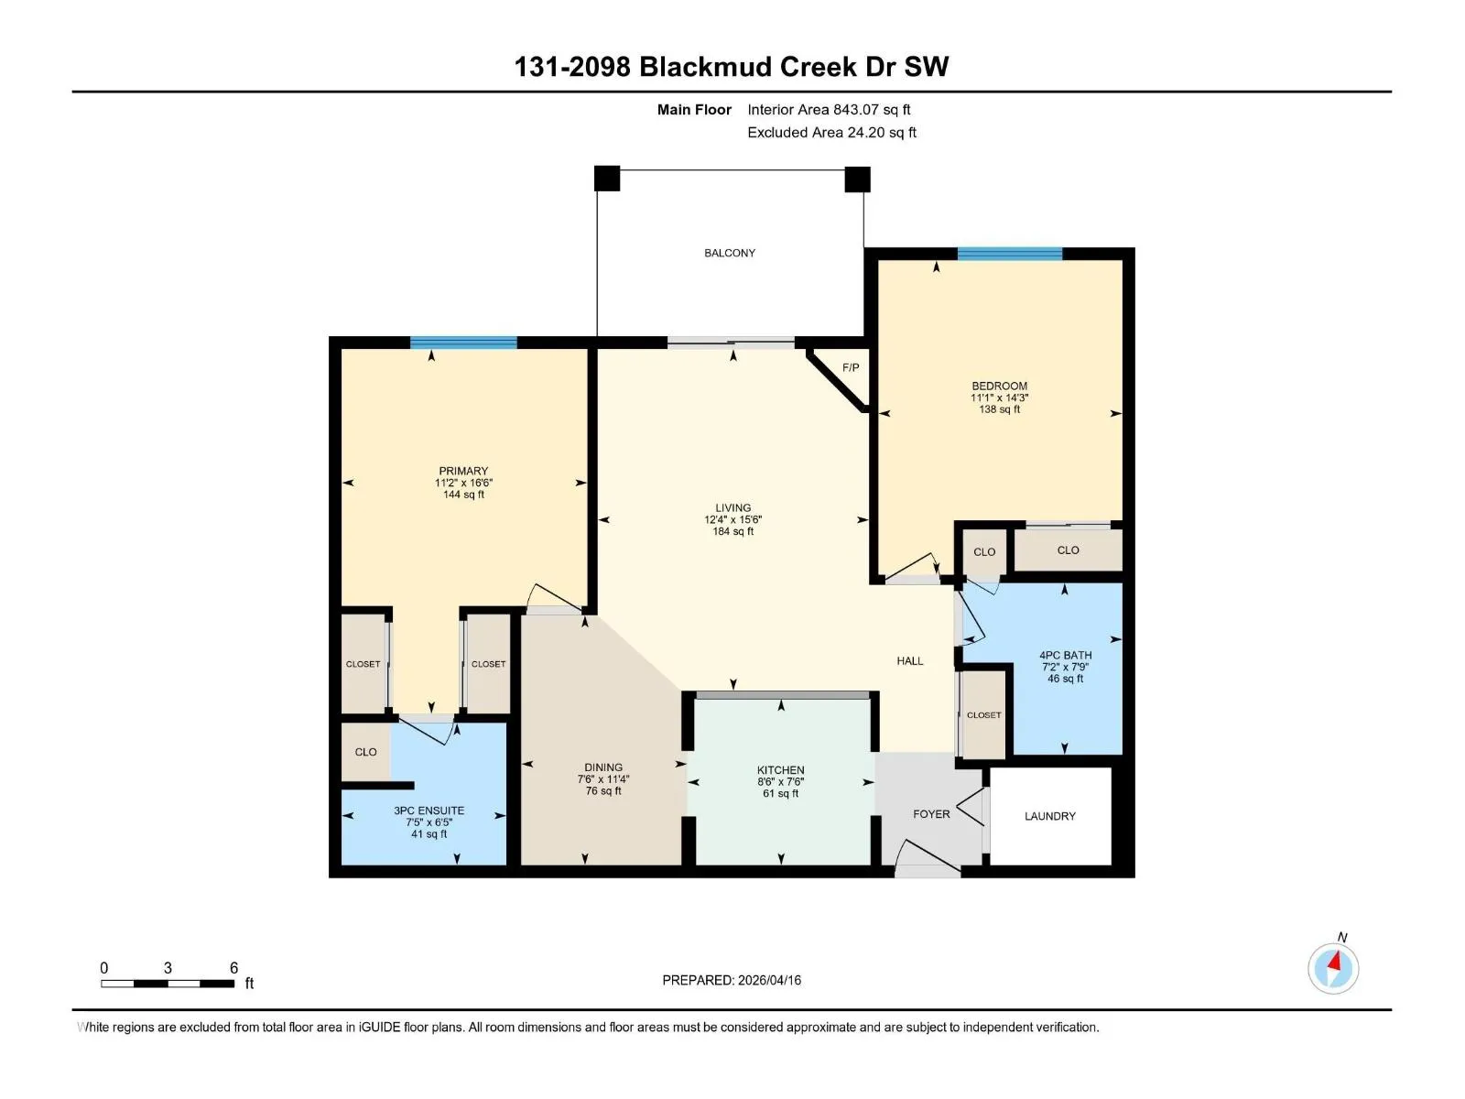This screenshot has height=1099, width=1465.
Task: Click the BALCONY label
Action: (x=730, y=253)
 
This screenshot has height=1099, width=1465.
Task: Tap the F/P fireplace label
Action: (x=851, y=367)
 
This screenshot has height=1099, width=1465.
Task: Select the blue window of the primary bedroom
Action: (x=463, y=343)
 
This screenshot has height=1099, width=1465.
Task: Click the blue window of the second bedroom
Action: (x=1009, y=254)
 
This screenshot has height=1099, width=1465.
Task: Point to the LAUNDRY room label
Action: (x=1050, y=816)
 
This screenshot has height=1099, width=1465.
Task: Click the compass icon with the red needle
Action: (x=1333, y=969)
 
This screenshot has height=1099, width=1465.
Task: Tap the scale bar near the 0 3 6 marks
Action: (x=168, y=984)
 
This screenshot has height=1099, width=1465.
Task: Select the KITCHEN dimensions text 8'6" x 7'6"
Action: (x=780, y=781)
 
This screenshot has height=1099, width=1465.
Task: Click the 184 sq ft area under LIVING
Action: (x=732, y=531)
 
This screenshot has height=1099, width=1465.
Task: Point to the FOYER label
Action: (x=931, y=814)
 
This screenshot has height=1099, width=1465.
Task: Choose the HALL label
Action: (x=910, y=660)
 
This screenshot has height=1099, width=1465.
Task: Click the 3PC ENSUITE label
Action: (x=429, y=811)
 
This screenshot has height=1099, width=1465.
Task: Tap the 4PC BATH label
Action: (x=1065, y=655)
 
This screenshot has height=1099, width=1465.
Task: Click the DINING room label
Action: (x=603, y=767)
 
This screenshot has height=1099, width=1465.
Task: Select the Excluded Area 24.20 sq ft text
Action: (x=831, y=132)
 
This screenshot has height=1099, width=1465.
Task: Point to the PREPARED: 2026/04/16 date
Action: (x=732, y=980)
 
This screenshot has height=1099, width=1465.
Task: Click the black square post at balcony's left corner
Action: (x=607, y=179)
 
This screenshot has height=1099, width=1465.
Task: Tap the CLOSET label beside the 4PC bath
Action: (x=983, y=714)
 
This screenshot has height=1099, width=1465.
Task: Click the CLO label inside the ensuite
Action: (x=365, y=752)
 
